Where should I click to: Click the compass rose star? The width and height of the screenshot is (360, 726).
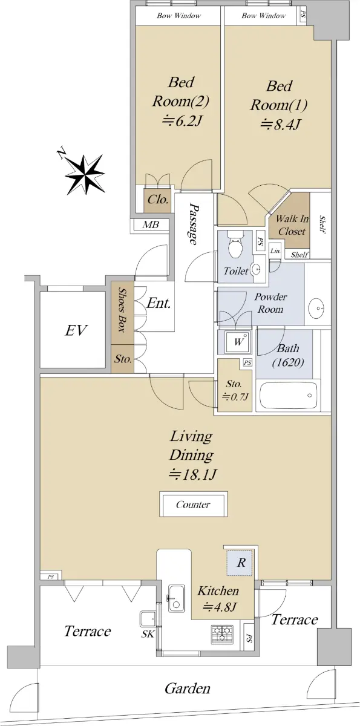(x=85, y=174)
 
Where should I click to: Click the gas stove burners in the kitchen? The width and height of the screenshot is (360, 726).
(x=222, y=634)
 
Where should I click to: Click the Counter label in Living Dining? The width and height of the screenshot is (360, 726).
(x=193, y=505)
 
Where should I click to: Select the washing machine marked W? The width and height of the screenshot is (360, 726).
(x=238, y=342)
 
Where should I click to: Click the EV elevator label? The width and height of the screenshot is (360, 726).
(x=76, y=330)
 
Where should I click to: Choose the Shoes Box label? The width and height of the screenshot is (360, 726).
(x=122, y=309)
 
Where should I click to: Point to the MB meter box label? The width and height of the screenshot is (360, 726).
(x=151, y=224)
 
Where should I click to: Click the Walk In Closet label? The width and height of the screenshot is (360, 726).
(x=292, y=225)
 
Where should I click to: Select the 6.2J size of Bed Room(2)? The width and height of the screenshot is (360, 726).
(x=182, y=121)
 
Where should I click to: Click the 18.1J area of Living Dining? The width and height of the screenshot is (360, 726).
(x=192, y=475)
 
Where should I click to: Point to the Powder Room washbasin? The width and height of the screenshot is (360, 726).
(x=317, y=306)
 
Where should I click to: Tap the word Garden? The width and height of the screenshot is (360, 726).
(x=188, y=688)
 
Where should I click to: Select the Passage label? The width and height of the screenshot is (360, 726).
(x=194, y=224)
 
